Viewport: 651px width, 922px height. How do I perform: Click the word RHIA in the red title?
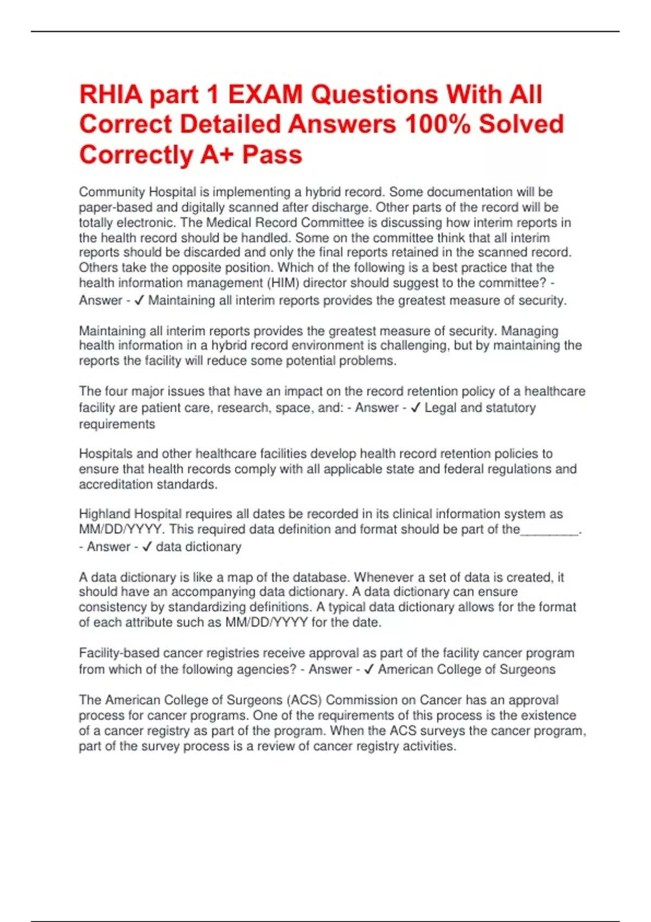[x=110, y=95]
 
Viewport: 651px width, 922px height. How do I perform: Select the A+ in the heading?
[x=218, y=155]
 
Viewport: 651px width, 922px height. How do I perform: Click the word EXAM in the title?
[x=265, y=95]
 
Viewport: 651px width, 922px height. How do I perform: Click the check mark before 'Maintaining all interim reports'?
[x=139, y=300]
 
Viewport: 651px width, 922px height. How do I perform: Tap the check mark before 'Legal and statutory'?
[x=416, y=408]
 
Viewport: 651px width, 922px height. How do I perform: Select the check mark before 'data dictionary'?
[x=146, y=547]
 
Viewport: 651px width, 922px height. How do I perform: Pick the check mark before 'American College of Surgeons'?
[x=369, y=670]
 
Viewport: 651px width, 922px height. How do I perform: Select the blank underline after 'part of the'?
[x=549, y=530]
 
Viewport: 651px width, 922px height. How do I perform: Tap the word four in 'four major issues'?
[x=115, y=392]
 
